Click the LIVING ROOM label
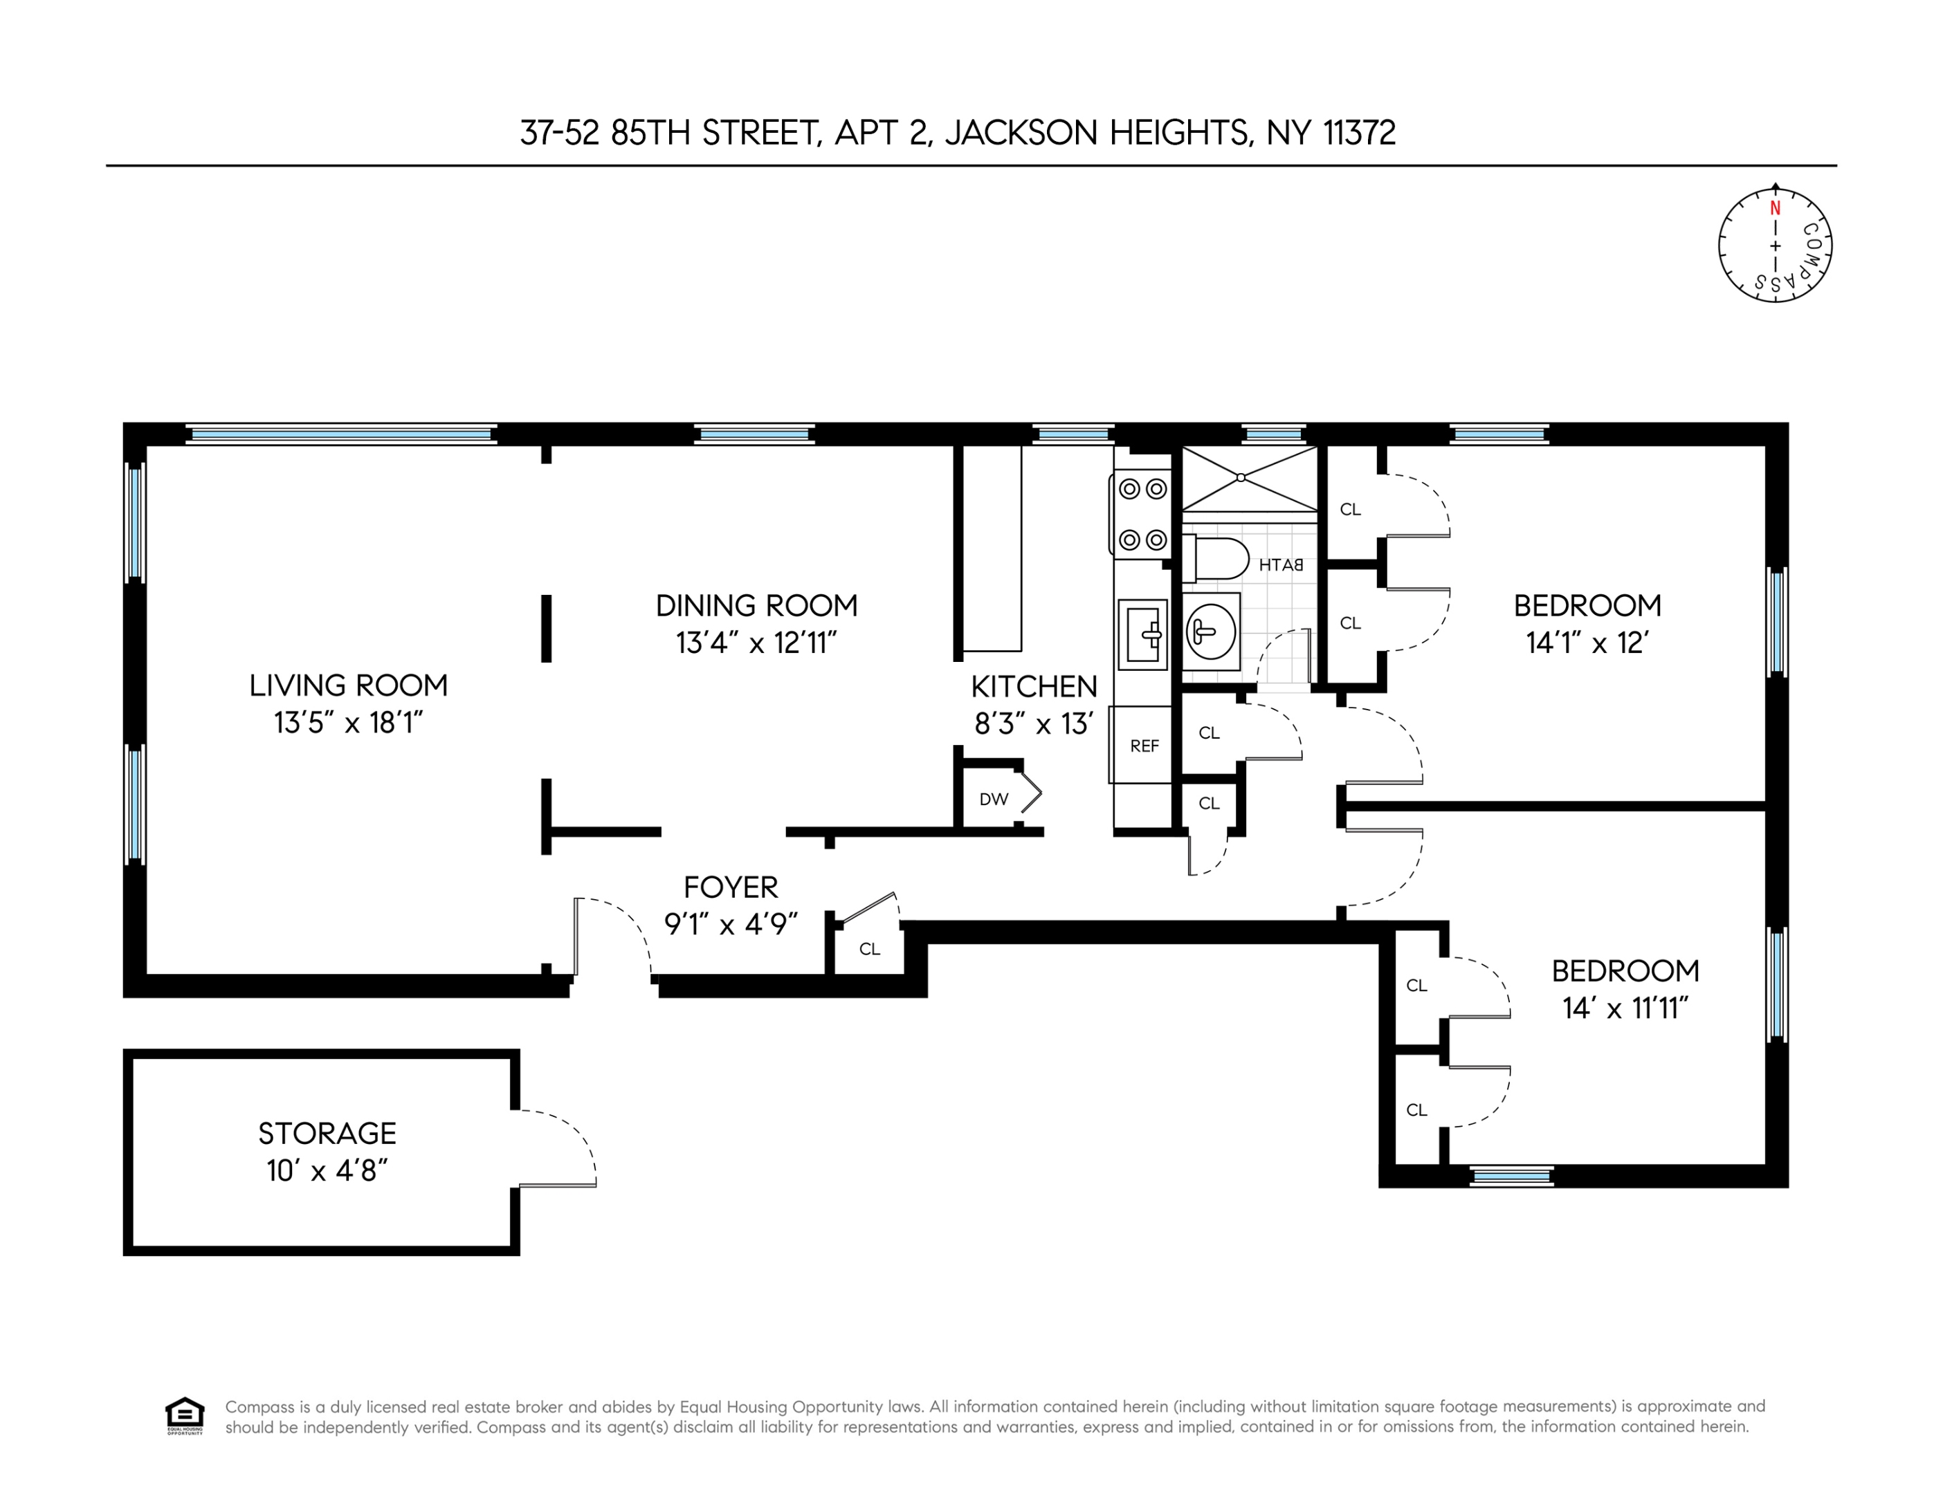[348, 685]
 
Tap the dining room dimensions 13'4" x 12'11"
[756, 643]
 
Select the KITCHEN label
[1033, 686]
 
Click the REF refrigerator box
[1143, 745]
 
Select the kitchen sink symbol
[1142, 634]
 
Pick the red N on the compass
[1775, 209]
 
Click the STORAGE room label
[327, 1133]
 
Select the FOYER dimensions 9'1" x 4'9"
[731, 924]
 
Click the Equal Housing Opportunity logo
[184, 1415]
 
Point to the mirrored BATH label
[1281, 564]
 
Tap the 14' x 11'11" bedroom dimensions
[1625, 1008]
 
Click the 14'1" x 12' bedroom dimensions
[1586, 643]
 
